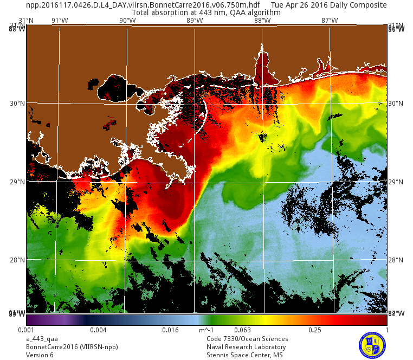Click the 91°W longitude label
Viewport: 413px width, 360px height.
coord(60,21)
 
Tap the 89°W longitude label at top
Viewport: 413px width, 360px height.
coord(195,21)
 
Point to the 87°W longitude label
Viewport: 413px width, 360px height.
coord(330,21)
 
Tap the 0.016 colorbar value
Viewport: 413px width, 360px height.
coord(170,330)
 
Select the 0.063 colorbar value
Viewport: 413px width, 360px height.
coord(242,330)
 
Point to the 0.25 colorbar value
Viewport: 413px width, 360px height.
coord(315,330)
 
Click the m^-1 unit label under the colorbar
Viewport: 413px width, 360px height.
coord(206,330)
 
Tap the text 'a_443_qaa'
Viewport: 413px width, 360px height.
coord(42,339)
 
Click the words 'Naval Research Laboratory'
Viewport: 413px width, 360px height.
coord(246,347)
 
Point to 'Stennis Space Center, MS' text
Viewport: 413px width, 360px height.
coord(244,355)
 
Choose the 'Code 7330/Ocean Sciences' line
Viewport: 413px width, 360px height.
coord(247,339)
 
